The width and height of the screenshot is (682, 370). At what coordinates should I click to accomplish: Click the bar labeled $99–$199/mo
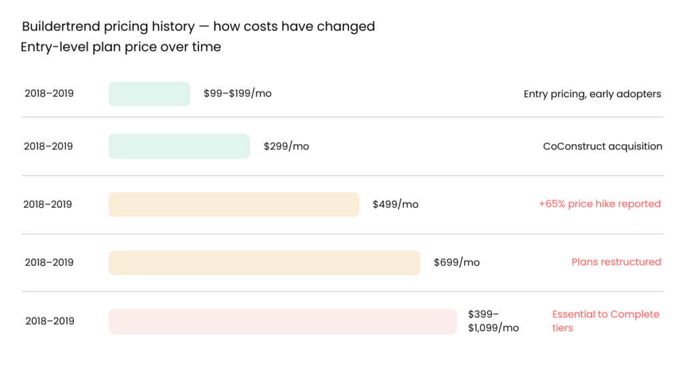149,94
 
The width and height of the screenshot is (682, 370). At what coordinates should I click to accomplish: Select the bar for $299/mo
179,146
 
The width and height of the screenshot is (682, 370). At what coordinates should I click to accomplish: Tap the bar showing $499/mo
234,204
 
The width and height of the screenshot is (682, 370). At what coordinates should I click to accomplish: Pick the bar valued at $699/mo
264,263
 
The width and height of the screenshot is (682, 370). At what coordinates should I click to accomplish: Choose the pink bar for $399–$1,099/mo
282,321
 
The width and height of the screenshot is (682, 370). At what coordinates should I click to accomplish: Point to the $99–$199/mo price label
238,93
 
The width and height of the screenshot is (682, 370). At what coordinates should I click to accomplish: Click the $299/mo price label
286,146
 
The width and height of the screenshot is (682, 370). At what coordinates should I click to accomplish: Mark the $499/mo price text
396,204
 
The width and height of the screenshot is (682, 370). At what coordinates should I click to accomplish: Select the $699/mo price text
457,262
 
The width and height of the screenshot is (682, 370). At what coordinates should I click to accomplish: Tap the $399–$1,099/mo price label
493,321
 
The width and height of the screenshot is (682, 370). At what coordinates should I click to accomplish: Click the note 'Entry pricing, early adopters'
592,94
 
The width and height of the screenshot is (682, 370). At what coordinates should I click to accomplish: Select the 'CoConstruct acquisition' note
603,146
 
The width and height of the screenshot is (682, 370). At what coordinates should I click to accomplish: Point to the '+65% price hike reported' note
599,204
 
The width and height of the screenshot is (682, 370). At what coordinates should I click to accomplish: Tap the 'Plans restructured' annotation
616,262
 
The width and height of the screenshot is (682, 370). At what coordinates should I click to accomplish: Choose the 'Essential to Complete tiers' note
605,321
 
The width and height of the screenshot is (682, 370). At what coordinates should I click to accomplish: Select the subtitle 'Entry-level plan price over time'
121,47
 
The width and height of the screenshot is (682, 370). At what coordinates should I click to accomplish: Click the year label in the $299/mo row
49,146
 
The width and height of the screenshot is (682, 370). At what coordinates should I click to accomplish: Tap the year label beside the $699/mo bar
49,263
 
